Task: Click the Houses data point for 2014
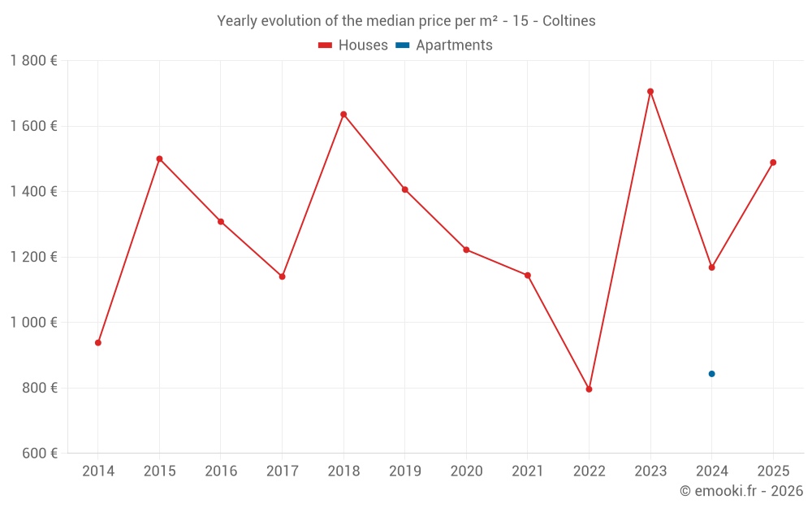click(x=98, y=343)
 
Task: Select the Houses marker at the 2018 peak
click(x=343, y=115)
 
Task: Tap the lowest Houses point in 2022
click(x=589, y=389)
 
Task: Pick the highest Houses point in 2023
click(x=650, y=92)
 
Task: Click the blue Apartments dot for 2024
click(x=711, y=374)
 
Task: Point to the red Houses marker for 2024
click(x=711, y=267)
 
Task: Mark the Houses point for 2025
click(x=773, y=163)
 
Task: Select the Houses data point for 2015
click(x=159, y=159)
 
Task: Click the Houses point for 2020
click(x=466, y=250)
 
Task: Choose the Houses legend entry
click(x=353, y=46)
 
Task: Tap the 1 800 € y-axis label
click(x=33, y=61)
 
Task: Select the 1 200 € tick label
click(x=33, y=257)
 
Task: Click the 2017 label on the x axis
click(x=282, y=471)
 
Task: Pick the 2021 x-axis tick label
click(x=528, y=471)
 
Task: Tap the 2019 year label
click(x=404, y=471)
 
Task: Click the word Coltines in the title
click(x=568, y=21)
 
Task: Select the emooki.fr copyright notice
click(x=741, y=491)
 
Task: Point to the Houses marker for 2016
click(x=221, y=222)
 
